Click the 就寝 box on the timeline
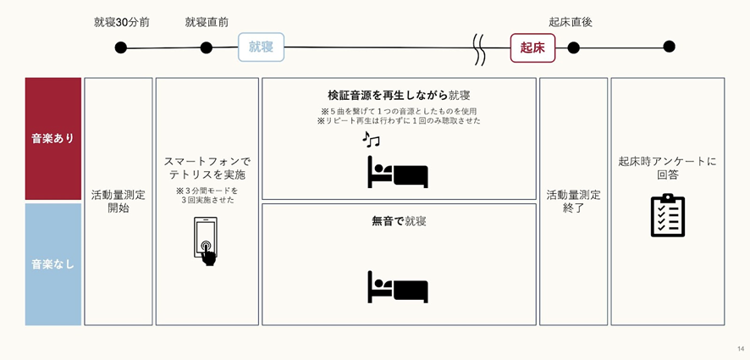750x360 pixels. pos(262,47)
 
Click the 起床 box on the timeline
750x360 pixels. pos(532,48)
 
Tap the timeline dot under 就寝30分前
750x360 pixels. pos(120,48)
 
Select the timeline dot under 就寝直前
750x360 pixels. pos(207,48)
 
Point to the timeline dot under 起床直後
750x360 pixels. pos(573,47)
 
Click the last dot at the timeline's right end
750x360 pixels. pos(670,47)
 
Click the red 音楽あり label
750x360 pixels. pos(53,138)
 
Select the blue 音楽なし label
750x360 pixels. pos(53,264)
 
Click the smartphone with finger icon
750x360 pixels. pos(205,241)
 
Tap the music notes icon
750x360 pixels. pos(371,139)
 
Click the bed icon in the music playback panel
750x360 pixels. pos(398,172)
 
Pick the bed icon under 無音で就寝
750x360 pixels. pos(398,287)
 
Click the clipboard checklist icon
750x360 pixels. pos(668,215)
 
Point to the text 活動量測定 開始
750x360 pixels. pos(119,202)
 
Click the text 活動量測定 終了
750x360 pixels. pos(573,202)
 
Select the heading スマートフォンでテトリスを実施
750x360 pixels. pos(207,168)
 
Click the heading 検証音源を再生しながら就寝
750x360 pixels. pos(399,96)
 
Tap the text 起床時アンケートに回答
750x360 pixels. pos(668,168)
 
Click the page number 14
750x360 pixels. pos(741,348)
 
